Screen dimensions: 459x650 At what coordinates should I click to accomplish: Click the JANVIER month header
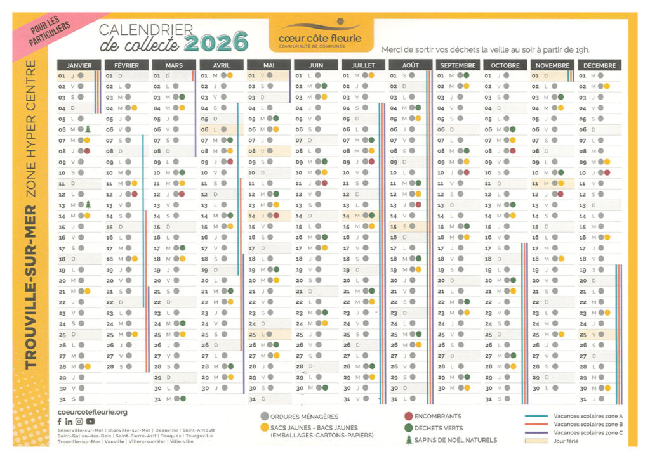pyautogui.click(x=79, y=65)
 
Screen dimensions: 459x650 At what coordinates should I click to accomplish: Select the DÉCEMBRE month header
pyautogui.click(x=599, y=65)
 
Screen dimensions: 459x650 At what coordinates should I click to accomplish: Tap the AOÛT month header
pyautogui.click(x=410, y=65)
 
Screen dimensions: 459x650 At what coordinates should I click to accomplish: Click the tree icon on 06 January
pyautogui.click(x=89, y=129)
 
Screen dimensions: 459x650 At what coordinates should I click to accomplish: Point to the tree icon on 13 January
pyautogui.click(x=89, y=204)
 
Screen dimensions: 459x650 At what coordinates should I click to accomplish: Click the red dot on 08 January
pyautogui.click(x=87, y=151)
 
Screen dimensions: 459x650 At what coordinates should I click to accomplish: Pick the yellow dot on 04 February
pyautogui.click(x=134, y=108)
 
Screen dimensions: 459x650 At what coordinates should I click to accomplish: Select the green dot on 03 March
pyautogui.click(x=182, y=97)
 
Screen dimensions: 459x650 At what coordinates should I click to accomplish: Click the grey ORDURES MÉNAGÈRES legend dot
pyautogui.click(x=264, y=417)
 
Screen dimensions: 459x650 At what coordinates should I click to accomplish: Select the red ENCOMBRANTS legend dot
pyautogui.click(x=408, y=417)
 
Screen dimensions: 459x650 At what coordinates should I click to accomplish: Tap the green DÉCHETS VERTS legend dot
pyautogui.click(x=408, y=428)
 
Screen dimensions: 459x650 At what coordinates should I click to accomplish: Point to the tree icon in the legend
pyautogui.click(x=408, y=440)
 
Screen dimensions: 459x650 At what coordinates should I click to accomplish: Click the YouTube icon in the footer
pyautogui.click(x=91, y=422)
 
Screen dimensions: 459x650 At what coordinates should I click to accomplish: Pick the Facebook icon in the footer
pyautogui.click(x=60, y=422)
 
